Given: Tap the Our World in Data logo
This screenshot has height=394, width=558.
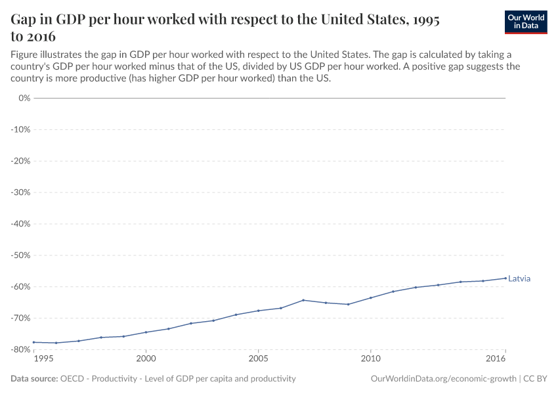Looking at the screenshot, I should coord(526,22).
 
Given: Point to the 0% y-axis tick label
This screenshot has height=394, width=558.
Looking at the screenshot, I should coord(24,98).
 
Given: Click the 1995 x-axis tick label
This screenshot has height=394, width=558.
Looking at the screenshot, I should coord(43,359).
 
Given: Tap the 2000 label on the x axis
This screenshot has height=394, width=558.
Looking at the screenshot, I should coord(146,359).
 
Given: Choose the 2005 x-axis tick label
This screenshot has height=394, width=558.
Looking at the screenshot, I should coord(258,359).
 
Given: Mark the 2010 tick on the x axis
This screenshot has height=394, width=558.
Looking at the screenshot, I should coord(371,359).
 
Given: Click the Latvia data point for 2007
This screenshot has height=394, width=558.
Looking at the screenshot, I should coord(303,300).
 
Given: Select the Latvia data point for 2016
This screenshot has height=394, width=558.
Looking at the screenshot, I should coord(505,278).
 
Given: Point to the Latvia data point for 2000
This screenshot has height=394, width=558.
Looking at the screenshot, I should coord(146,332).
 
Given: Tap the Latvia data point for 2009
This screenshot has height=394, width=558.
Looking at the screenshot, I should coord(348,304).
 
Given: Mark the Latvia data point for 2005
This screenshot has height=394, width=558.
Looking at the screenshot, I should coord(258,311).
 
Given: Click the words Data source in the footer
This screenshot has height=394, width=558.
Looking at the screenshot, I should coord(33,379).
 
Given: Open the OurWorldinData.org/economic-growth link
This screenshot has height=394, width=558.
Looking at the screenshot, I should coord(443,379).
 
